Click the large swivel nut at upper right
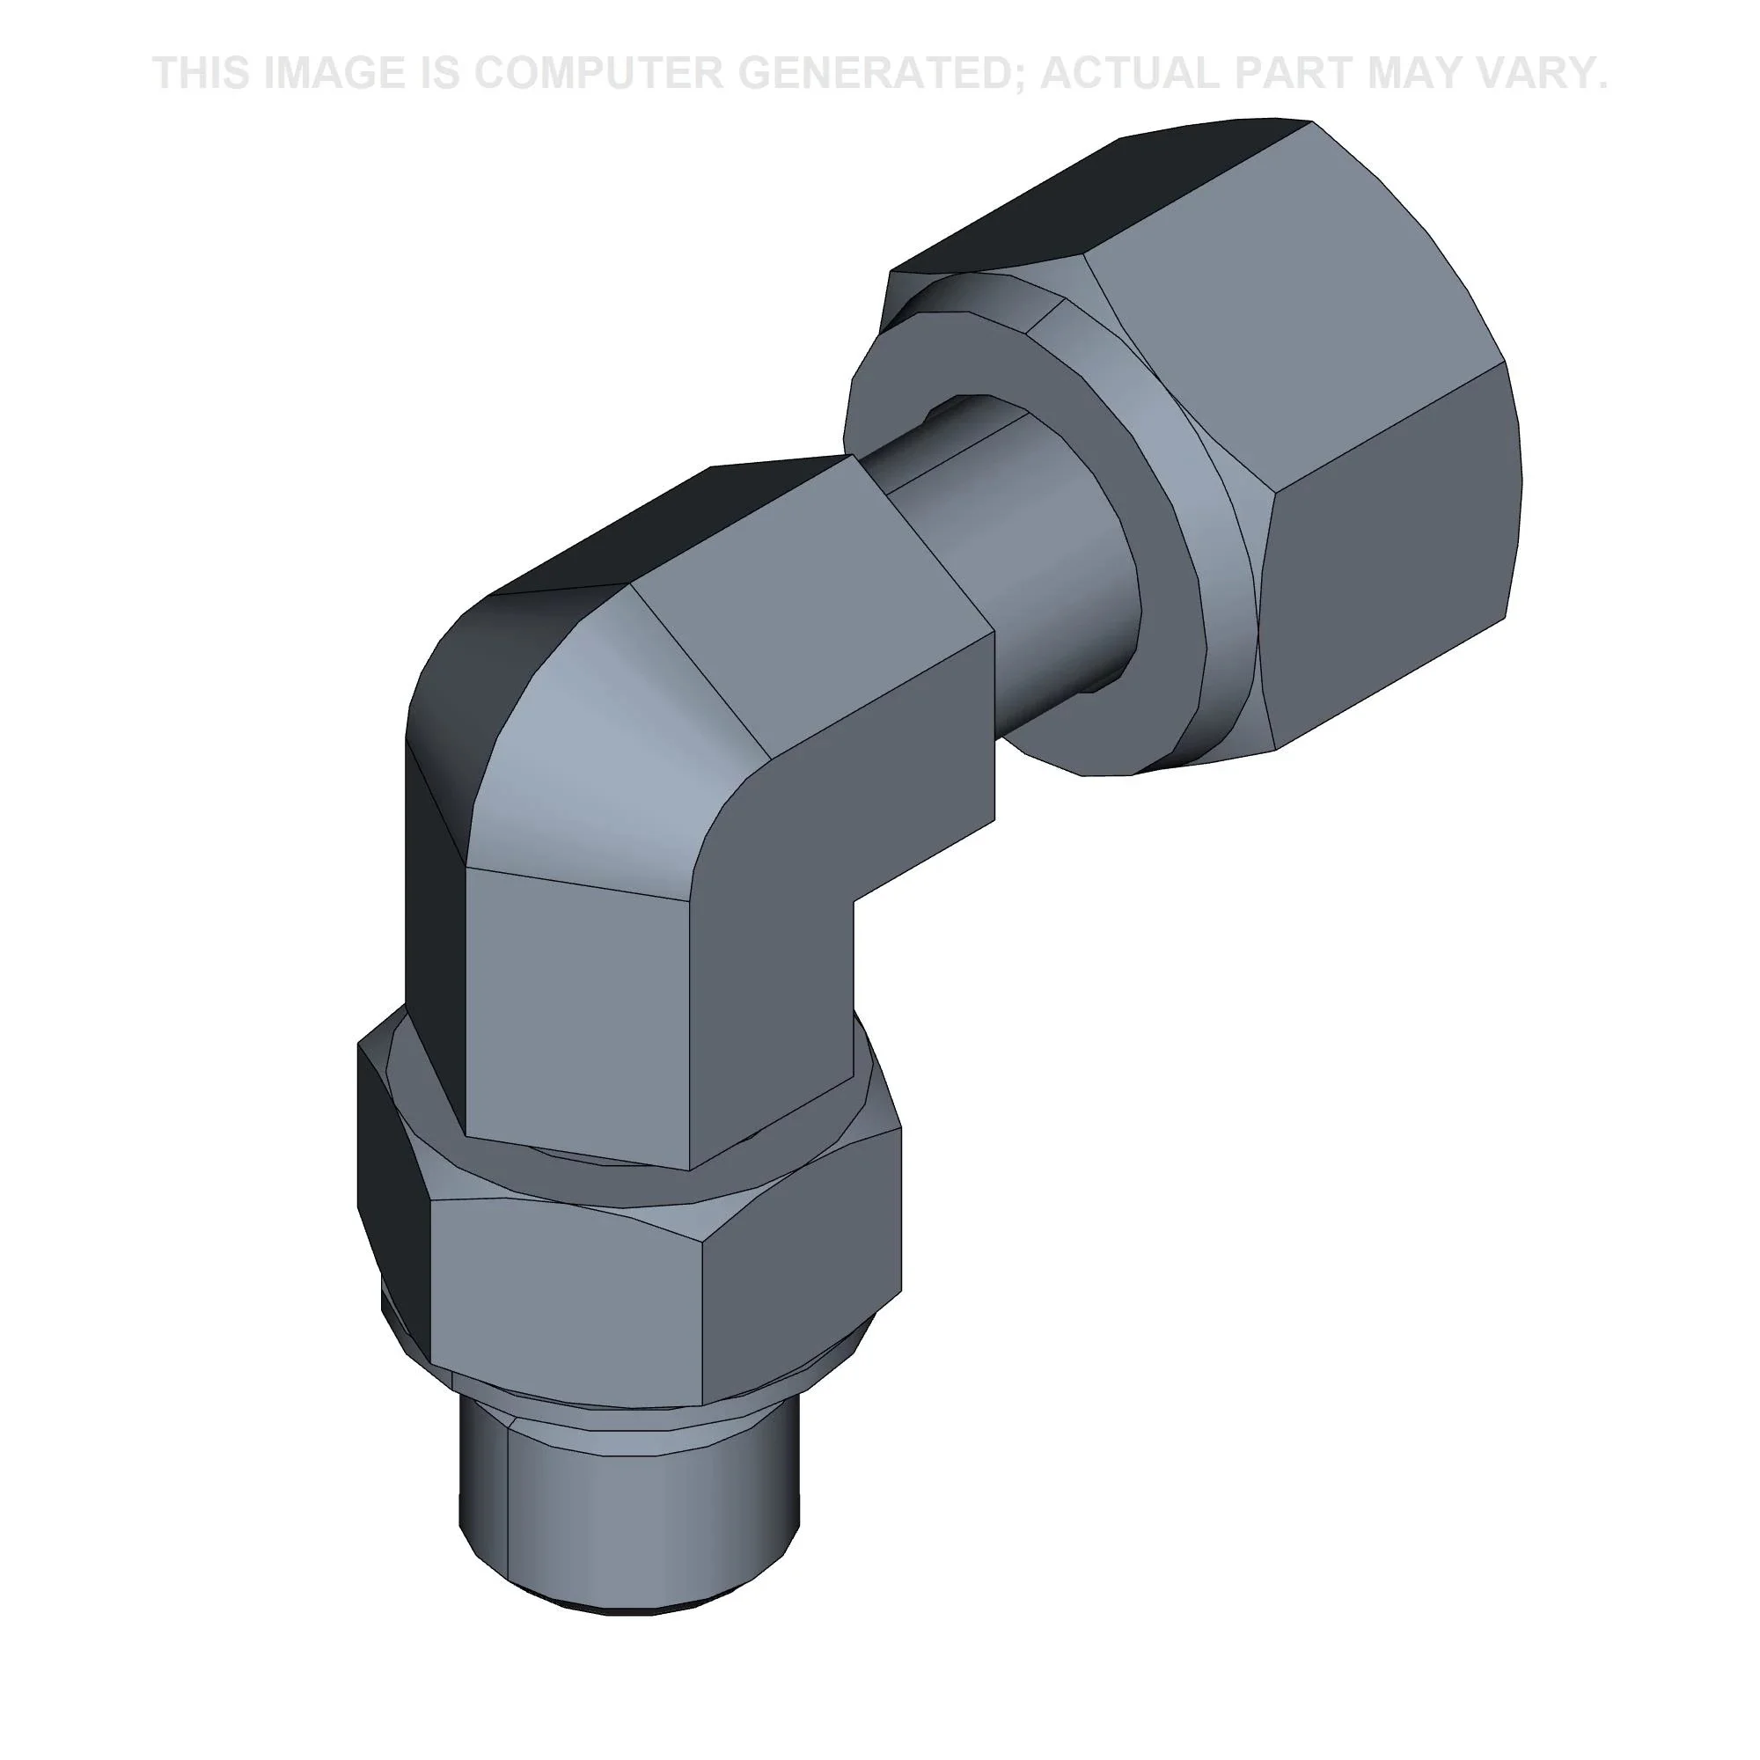pyautogui.click(x=1294, y=437)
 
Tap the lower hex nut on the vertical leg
pyautogui.click(x=628, y=1275)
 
